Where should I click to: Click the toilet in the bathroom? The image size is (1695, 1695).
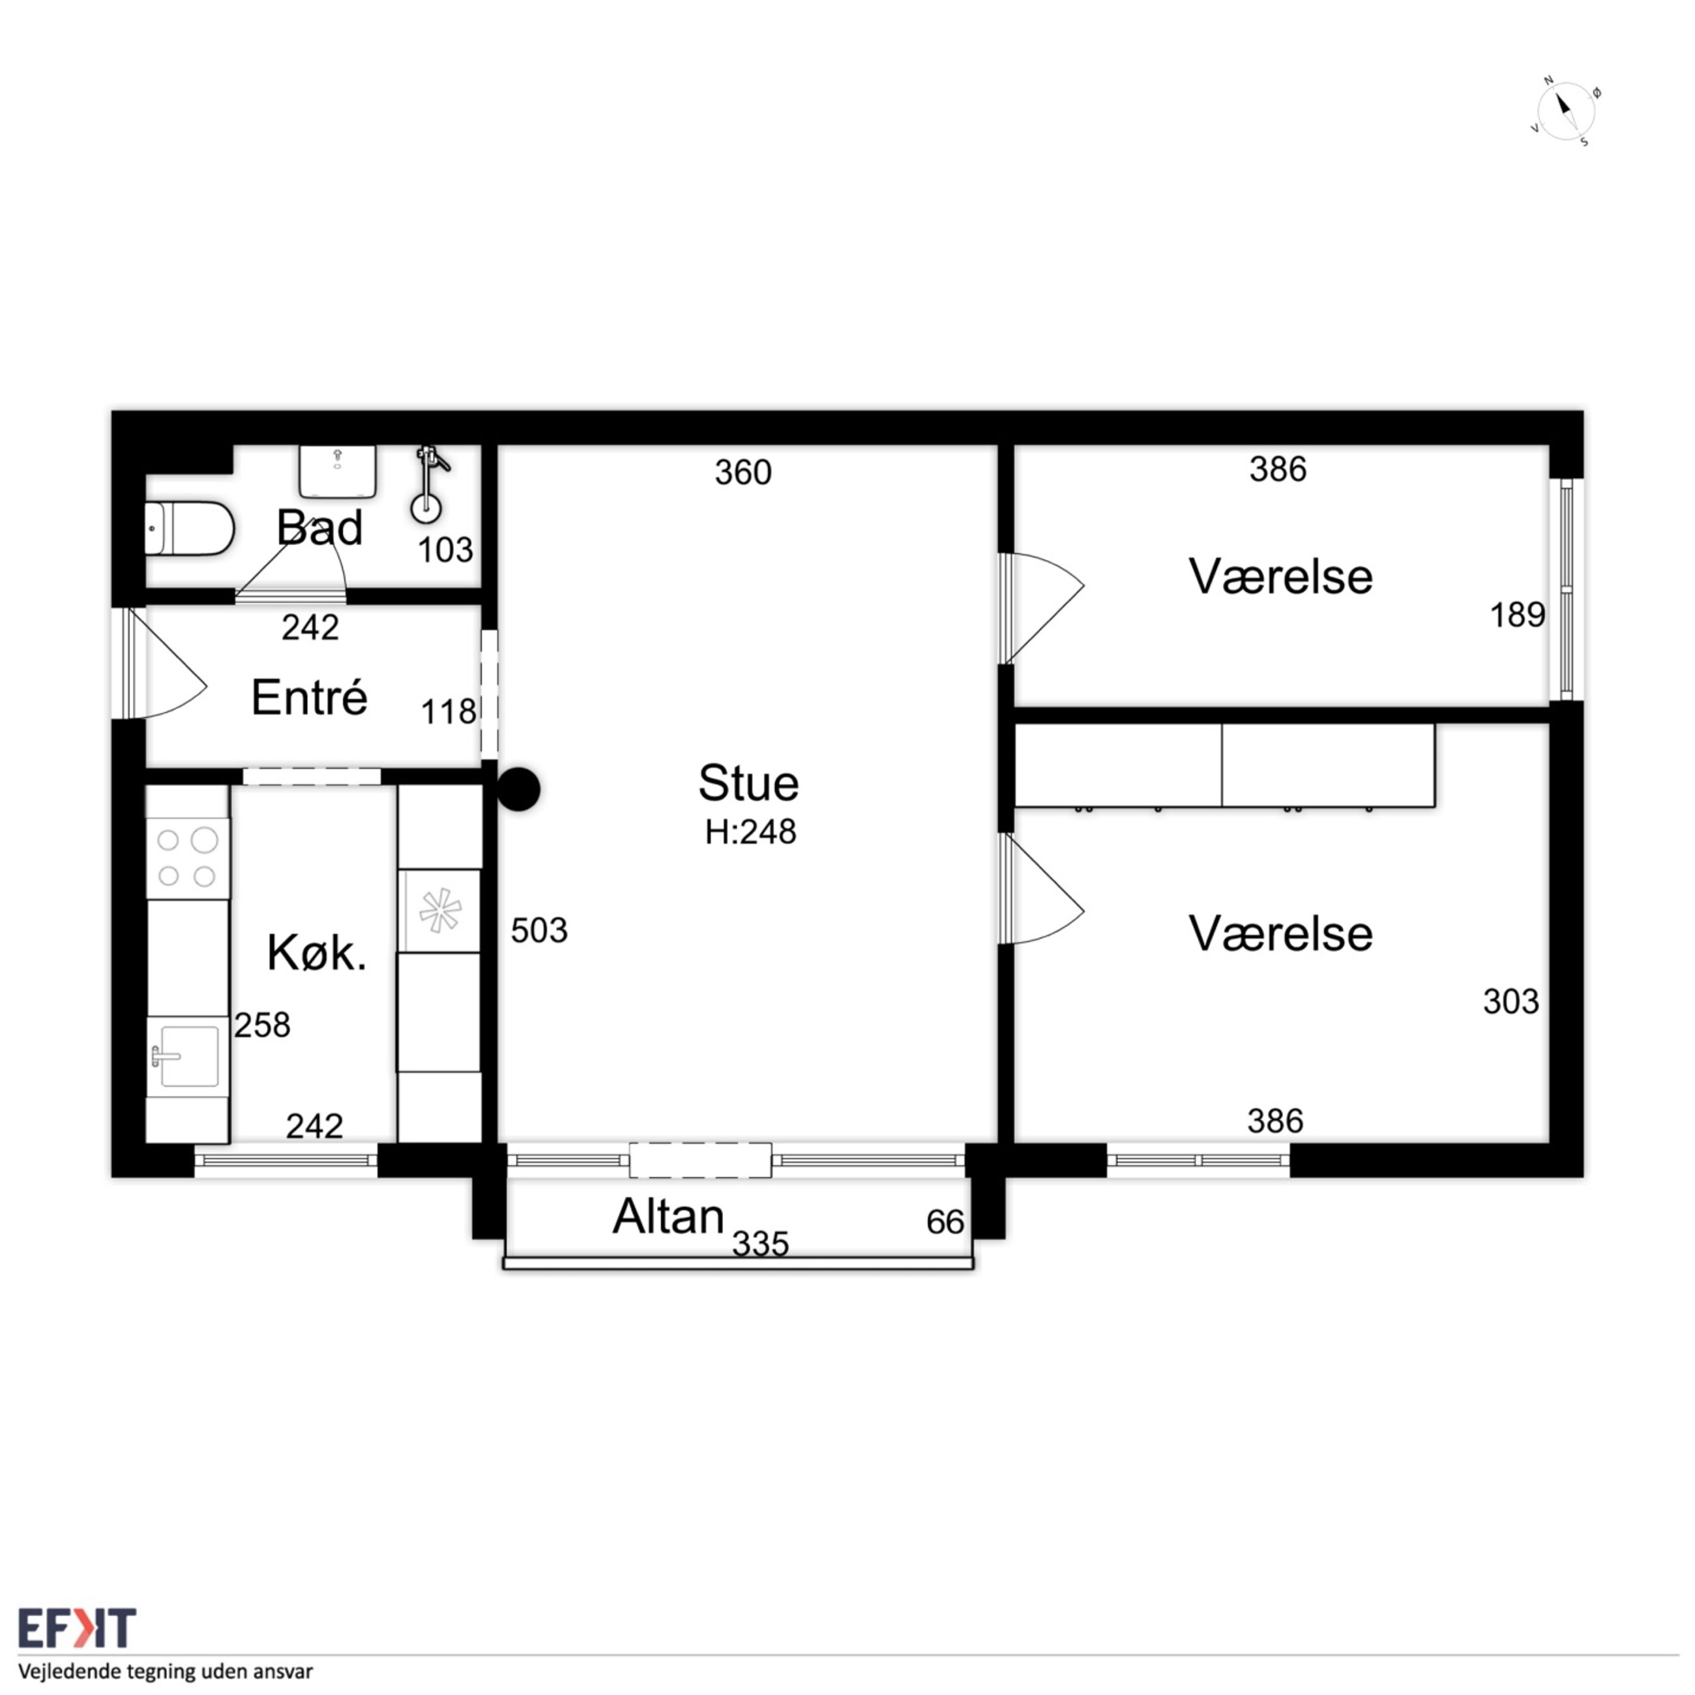[188, 529]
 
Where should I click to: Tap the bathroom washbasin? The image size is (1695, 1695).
[338, 470]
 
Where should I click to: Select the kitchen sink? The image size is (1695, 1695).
[187, 1053]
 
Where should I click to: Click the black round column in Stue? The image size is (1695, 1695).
[518, 789]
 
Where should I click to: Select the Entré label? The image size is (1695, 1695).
[309, 698]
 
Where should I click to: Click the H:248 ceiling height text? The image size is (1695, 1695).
[750, 832]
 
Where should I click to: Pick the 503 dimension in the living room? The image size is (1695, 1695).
[538, 930]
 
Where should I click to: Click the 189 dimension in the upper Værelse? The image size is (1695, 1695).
[1517, 615]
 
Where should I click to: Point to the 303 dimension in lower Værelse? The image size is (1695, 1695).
[1511, 1001]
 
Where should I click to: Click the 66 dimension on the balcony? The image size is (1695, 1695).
[945, 1222]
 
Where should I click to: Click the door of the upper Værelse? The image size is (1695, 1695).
[1042, 608]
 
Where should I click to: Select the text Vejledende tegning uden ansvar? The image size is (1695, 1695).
[166, 1670]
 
